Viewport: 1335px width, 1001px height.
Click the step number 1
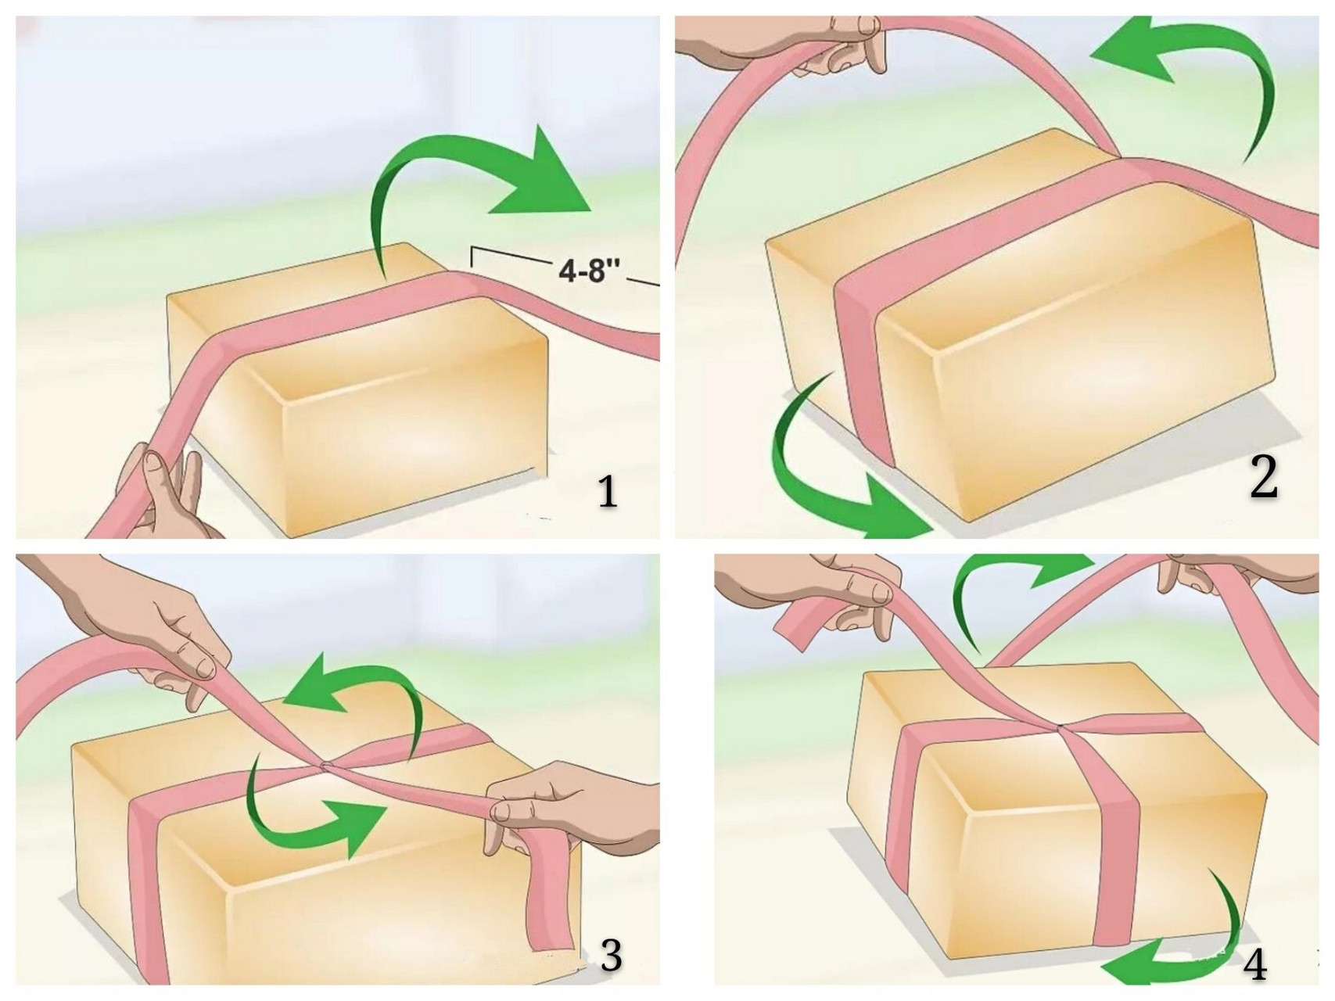pos(608,493)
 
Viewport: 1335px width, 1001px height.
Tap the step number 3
pos(610,955)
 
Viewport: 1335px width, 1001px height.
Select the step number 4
pos(1254,965)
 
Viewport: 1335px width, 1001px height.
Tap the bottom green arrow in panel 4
pos(1197,950)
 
